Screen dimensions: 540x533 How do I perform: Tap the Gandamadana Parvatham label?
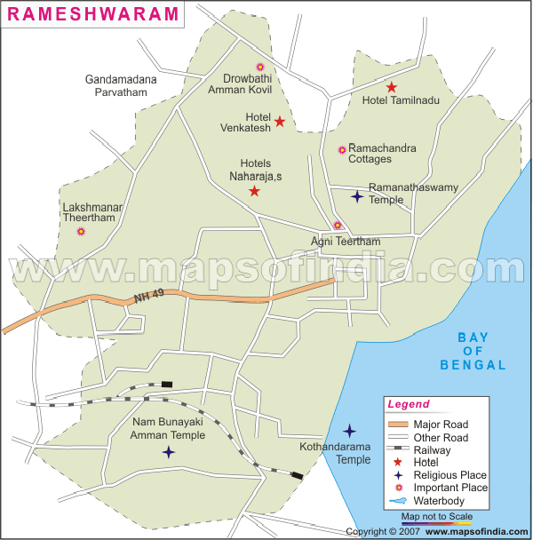121,85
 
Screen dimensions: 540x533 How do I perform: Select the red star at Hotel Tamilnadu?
392,87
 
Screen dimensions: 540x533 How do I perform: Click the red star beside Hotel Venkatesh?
280,122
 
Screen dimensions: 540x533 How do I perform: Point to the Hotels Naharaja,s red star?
254,191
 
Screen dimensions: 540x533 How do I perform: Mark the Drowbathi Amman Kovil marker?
260,67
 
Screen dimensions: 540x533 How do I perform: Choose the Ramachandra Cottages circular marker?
342,150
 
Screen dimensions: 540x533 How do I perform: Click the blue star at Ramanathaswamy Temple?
357,197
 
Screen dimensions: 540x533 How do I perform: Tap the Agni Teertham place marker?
337,226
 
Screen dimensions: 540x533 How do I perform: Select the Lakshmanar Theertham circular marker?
81,231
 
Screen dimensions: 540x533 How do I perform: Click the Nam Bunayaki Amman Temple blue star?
169,452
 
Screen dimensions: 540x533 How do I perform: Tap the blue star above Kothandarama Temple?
350,430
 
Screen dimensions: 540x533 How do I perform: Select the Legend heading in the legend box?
410,405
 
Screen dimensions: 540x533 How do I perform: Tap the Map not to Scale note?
437,515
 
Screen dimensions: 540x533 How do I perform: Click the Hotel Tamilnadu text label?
401,100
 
